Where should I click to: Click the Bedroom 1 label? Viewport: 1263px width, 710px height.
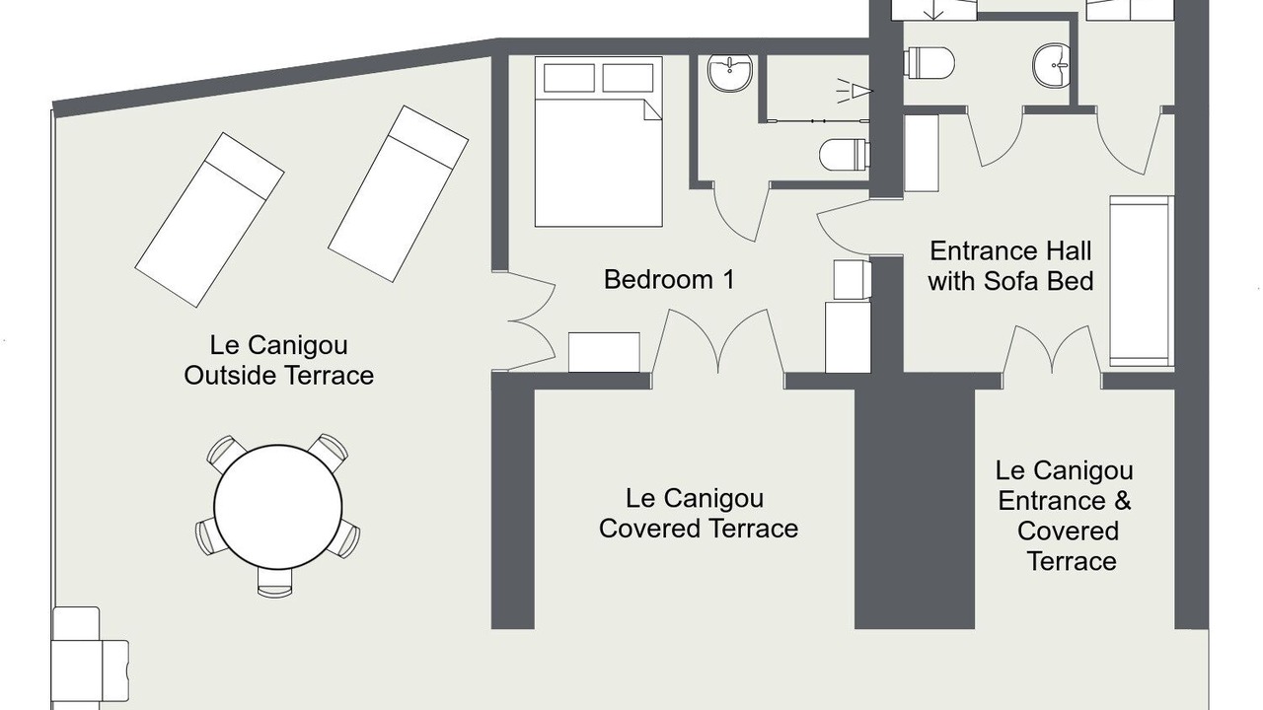coord(669,279)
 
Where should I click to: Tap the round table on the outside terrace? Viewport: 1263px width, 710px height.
coord(278,506)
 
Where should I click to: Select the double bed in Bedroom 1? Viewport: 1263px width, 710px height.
coord(598,141)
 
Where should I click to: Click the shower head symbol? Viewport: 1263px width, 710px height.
coord(854,90)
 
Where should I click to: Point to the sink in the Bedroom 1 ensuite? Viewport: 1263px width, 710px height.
coord(730,73)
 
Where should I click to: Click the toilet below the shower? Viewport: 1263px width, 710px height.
coord(844,155)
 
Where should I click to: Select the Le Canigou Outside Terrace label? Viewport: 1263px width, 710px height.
coord(279,360)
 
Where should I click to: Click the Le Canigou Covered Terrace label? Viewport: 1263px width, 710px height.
coord(698,514)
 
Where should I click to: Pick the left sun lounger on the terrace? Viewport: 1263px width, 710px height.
coord(209,220)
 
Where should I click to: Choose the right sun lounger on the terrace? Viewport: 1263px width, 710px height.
coord(398,193)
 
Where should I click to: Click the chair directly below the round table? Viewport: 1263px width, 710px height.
coord(275,583)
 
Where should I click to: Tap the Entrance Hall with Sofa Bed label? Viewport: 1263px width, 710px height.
coord(1010,266)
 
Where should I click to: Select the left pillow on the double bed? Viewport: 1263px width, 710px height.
coord(569,78)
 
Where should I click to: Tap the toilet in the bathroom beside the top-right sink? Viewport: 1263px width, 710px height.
coord(929,62)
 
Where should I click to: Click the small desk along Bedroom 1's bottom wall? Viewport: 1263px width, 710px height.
coord(604,352)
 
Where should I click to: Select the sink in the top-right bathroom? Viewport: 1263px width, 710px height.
coord(1052,65)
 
